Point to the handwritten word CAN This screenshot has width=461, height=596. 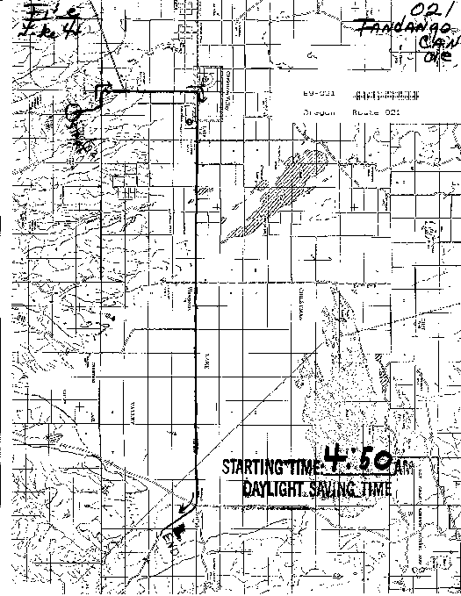(x=429, y=45)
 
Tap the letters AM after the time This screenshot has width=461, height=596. (x=401, y=468)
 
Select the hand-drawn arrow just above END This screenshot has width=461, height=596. (x=187, y=506)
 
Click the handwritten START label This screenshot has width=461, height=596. (x=85, y=140)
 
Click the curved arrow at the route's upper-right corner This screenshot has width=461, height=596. (x=203, y=96)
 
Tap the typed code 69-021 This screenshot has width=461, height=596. (x=303, y=93)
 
